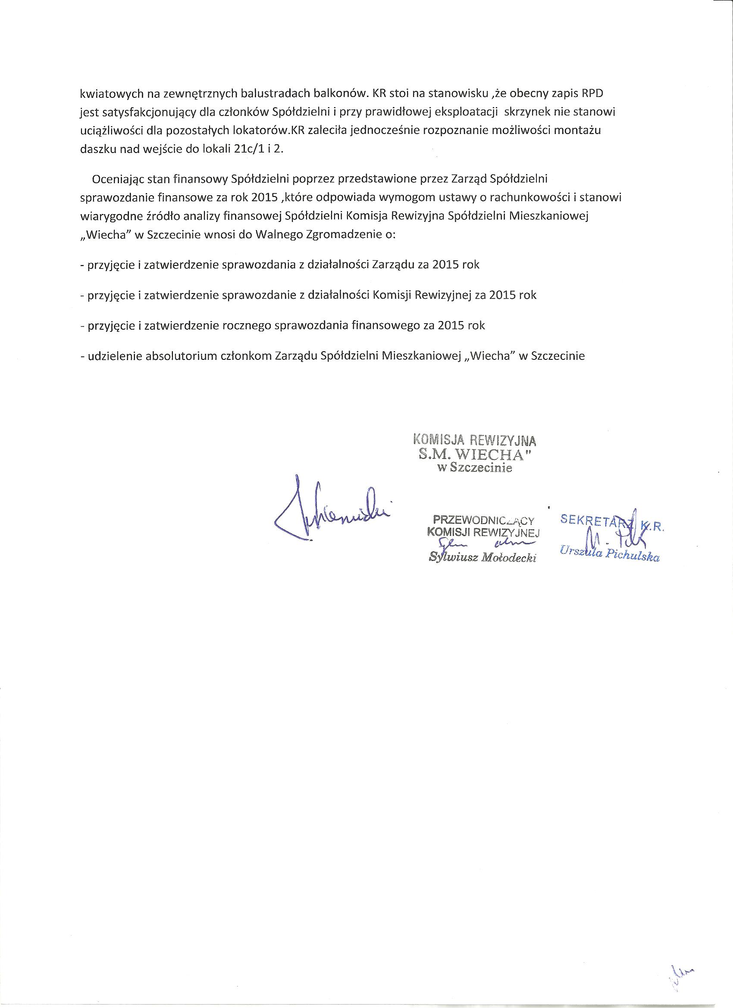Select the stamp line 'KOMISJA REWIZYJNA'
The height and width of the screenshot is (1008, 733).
click(475, 440)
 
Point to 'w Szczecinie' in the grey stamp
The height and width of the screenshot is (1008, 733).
click(475, 468)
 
